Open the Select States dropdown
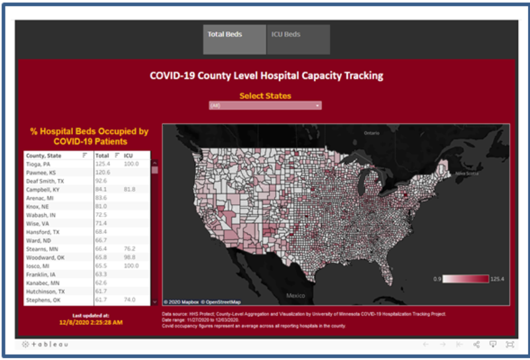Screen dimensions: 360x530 pyautogui.click(x=265, y=105)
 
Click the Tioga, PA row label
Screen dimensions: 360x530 pyautogui.click(x=38, y=164)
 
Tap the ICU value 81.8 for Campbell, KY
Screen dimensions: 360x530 pyautogui.click(x=130, y=189)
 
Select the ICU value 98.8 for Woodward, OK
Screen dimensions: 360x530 pyautogui.click(x=130, y=257)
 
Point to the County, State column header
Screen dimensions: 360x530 pyautogui.click(x=44, y=155)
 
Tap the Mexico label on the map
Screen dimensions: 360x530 pyautogui.click(x=295, y=295)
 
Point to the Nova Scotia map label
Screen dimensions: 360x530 pyautogui.click(x=467, y=174)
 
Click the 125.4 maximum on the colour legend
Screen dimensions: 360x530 pyautogui.click(x=499, y=279)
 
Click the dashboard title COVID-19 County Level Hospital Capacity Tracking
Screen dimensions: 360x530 pyautogui.click(x=266, y=76)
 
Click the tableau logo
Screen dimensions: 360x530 pyautogui.click(x=44, y=345)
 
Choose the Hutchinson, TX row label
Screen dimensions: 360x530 pyautogui.click(x=45, y=292)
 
